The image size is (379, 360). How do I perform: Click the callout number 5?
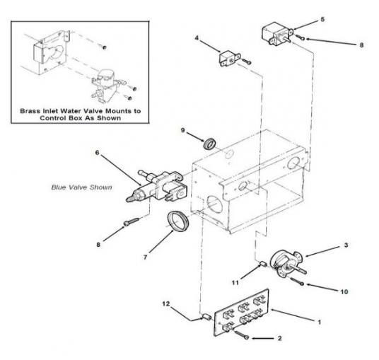322,19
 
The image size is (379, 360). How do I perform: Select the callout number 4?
197,38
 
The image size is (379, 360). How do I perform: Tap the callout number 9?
183,130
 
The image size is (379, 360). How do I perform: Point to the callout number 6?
97,153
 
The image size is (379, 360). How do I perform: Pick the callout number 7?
145,257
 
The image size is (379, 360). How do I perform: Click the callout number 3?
346,245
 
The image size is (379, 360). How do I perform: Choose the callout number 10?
344,292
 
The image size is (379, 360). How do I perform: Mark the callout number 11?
235,283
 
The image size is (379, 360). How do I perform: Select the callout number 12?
166,303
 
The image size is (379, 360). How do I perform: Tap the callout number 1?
320,322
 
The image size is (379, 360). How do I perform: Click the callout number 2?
279,338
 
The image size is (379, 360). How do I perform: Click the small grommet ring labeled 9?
209,144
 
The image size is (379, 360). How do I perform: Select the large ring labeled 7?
177,221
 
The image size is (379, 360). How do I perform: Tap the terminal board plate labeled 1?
241,313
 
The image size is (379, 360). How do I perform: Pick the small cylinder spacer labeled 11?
263,264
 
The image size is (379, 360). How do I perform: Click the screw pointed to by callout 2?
241,335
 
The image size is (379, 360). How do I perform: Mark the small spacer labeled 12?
206,316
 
